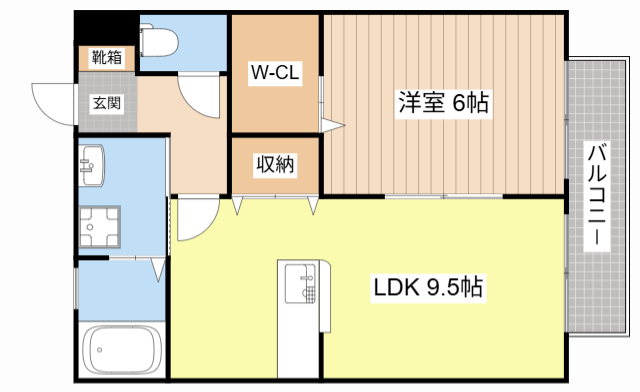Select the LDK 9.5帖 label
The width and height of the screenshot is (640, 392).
(429, 289)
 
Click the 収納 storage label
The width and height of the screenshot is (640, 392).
(274, 164)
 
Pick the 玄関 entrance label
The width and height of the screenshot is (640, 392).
(108, 101)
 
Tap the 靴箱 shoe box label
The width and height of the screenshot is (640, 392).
(107, 57)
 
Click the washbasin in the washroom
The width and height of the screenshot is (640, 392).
(94, 166)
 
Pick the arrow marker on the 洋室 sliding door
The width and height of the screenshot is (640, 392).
(335, 125)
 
